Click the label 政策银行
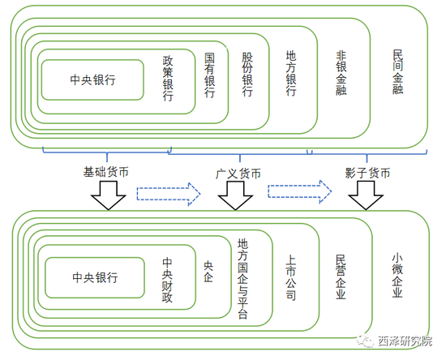tap(168, 79)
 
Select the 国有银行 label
tap(210, 75)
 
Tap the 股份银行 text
tap(247, 75)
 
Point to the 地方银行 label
tap(291, 73)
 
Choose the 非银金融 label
tap(341, 73)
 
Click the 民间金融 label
tap(397, 72)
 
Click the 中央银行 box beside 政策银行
tap(92, 80)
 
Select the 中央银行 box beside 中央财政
tap(95, 277)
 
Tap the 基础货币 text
tap(105, 172)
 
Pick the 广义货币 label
tap(238, 174)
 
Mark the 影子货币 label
tap(367, 173)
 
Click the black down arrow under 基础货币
tap(109, 195)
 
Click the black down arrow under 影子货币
tap(366, 195)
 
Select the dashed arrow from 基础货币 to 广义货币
tap(169, 195)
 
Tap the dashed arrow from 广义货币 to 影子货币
tap(300, 191)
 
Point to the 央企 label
tap(208, 272)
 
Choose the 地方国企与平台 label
tap(242, 279)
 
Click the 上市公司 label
tap(290, 277)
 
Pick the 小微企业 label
tap(397, 276)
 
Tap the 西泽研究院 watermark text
tap(405, 341)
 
